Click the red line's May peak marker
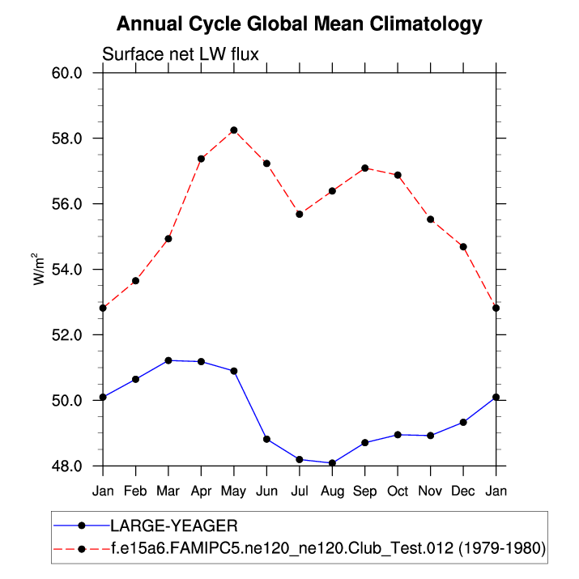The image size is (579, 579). pyautogui.click(x=234, y=130)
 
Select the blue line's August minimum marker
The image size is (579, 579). pyautogui.click(x=332, y=463)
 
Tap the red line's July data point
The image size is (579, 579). pyautogui.click(x=300, y=214)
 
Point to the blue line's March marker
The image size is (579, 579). pyautogui.click(x=168, y=360)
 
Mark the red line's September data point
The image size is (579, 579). pyautogui.click(x=365, y=168)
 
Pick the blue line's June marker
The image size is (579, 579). pyautogui.click(x=266, y=439)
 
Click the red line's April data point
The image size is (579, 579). pyautogui.click(x=201, y=159)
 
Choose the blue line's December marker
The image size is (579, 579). pyautogui.click(x=463, y=422)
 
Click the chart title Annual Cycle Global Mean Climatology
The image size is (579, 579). pyautogui.click(x=299, y=24)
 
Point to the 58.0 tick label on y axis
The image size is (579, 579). pyautogui.click(x=67, y=138)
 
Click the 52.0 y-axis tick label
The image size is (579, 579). pyautogui.click(x=67, y=335)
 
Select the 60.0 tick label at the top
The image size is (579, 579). pyautogui.click(x=67, y=73)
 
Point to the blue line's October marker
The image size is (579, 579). pyautogui.click(x=398, y=435)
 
